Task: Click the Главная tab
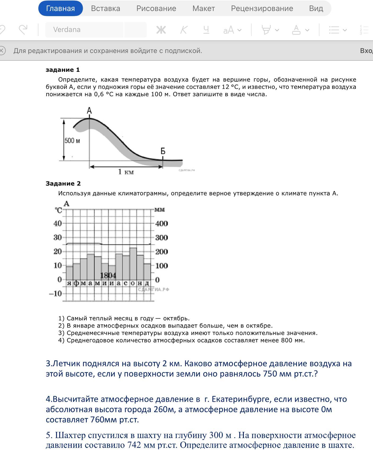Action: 60,8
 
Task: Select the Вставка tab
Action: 105,8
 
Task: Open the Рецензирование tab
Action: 262,8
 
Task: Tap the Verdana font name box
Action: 84,30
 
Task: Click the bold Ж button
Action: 161,30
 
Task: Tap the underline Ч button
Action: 206,30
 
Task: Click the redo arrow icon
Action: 23,29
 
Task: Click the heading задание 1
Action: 63,70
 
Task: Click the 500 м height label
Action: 72,140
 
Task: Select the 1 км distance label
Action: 126,172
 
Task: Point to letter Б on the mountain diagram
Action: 163,151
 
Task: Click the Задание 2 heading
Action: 63,183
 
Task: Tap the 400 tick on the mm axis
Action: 161,223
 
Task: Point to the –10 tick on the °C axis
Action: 55,294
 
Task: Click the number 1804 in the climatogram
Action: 108,275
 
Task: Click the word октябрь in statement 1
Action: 176,318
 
